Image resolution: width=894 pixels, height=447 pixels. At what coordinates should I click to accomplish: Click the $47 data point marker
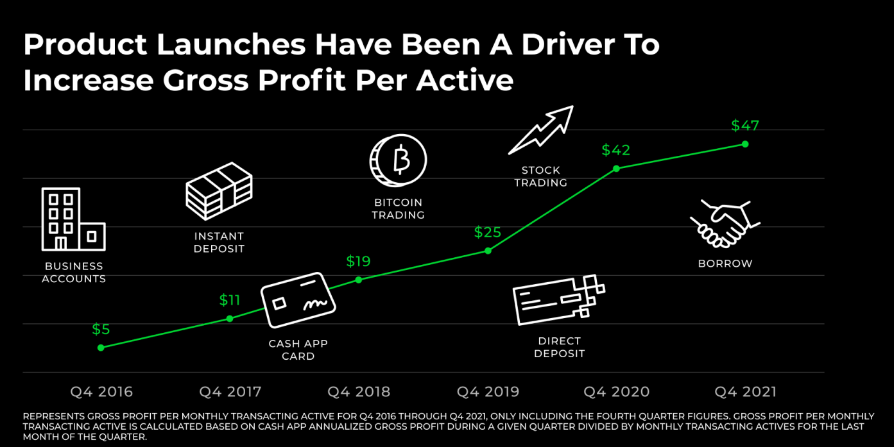[x=745, y=144]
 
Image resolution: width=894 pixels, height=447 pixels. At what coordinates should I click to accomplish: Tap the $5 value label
[x=101, y=330]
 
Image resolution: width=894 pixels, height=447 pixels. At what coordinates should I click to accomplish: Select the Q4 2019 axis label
[x=488, y=392]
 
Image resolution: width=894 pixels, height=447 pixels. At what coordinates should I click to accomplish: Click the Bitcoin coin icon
[x=398, y=160]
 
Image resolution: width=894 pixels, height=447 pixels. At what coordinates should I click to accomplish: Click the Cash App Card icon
[x=298, y=300]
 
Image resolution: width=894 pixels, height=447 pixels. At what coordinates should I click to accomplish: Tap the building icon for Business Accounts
[x=73, y=219]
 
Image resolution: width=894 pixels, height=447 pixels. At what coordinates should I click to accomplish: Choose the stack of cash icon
[x=219, y=191]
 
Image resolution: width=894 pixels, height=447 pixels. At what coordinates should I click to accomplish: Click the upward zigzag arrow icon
[x=540, y=130]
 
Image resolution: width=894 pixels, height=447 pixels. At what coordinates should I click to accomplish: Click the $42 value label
[x=616, y=150]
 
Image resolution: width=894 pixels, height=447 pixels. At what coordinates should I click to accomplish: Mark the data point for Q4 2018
[x=359, y=280]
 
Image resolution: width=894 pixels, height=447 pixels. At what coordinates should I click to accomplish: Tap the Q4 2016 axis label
[x=101, y=392]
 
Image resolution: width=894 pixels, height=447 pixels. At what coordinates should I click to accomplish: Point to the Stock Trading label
[x=540, y=176]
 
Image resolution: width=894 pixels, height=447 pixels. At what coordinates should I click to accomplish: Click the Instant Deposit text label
[x=219, y=242]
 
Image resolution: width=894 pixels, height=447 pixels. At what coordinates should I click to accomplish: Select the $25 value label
[x=488, y=232]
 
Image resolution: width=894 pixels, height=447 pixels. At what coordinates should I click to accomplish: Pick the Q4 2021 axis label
[x=745, y=392]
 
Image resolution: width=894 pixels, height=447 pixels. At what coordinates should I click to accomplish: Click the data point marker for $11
[x=230, y=319]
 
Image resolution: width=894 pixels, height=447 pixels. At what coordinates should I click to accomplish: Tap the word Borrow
[x=725, y=264]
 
